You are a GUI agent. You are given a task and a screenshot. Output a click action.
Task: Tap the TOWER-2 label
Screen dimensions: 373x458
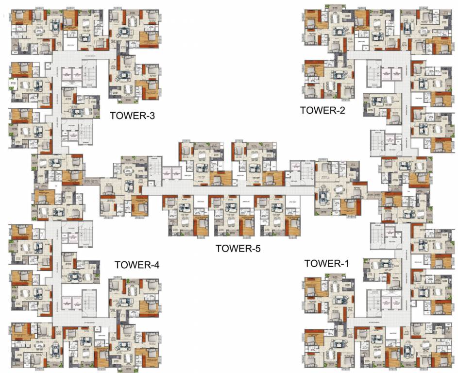(x=322, y=110)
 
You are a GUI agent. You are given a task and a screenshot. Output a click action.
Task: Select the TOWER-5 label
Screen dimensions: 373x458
(x=238, y=249)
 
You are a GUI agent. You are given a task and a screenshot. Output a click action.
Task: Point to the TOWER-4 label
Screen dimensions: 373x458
(x=137, y=265)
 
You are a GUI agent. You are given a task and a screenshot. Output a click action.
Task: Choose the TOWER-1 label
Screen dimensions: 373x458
(x=326, y=263)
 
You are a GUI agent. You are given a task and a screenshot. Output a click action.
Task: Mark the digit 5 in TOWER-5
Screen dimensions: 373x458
(x=257, y=249)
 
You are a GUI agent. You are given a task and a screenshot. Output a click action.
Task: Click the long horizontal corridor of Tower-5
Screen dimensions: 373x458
(x=228, y=190)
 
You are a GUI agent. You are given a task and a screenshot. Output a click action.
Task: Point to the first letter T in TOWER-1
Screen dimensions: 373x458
(x=307, y=263)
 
